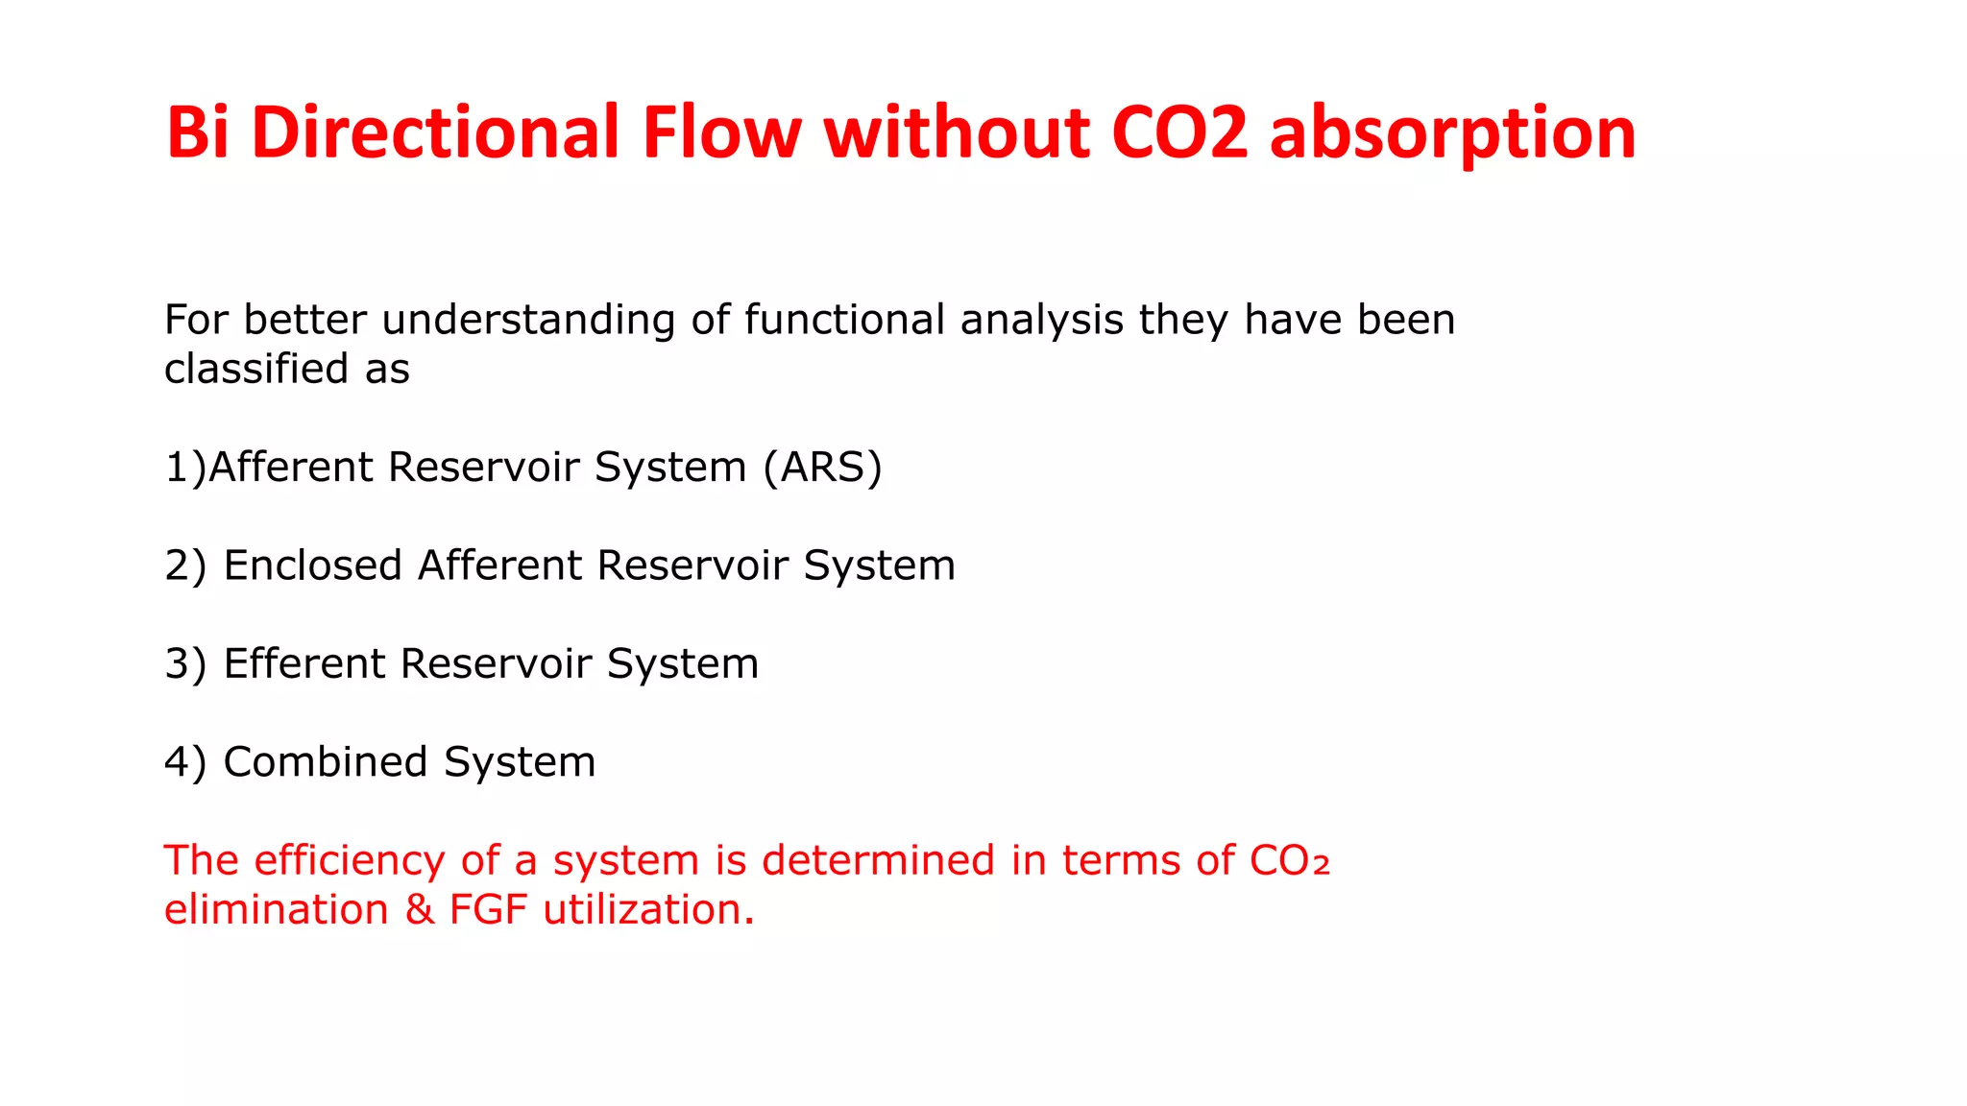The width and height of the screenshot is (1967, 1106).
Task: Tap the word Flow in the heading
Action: coord(721,132)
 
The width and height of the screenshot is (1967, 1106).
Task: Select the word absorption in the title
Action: coord(1452,132)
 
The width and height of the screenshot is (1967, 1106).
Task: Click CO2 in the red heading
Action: coord(1179,132)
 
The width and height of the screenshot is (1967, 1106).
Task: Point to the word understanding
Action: coord(528,320)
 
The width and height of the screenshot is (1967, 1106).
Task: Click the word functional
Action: coord(844,320)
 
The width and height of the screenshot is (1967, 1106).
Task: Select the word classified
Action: coord(256,369)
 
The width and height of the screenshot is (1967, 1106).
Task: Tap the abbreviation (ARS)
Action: coord(822,468)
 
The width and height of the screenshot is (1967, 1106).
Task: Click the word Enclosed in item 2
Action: coord(312,565)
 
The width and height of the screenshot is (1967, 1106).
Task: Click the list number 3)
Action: coord(185,664)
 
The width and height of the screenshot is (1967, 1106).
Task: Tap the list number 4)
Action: coord(185,762)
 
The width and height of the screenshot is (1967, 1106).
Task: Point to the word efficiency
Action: coord(350,860)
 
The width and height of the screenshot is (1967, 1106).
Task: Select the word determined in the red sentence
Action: coord(878,860)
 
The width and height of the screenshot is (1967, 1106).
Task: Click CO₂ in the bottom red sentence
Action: coord(1290,861)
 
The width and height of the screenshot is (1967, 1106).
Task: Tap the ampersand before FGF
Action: coord(420,910)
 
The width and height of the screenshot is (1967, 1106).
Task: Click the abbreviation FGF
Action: coord(488,910)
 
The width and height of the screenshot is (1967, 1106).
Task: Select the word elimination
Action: coord(276,910)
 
